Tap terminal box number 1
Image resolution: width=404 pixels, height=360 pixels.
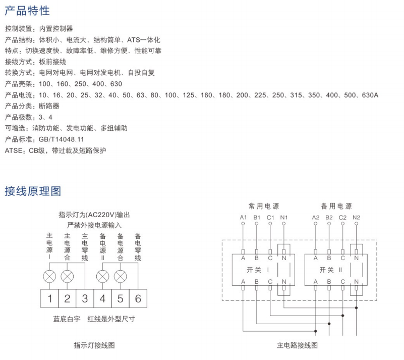click(x=50, y=298)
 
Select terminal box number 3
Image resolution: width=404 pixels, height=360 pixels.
click(x=85, y=298)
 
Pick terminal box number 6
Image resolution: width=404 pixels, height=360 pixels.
click(x=138, y=298)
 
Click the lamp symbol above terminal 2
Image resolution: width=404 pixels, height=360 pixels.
click(x=67, y=276)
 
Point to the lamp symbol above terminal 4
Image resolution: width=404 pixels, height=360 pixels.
click(x=102, y=276)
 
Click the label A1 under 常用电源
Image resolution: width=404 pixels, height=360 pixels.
click(x=243, y=218)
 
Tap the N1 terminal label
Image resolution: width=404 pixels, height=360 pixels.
click(x=284, y=218)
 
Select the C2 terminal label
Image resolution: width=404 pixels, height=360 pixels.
click(x=342, y=218)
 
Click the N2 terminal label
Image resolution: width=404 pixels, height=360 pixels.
click(x=357, y=218)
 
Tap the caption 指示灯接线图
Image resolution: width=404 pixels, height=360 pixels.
click(x=94, y=345)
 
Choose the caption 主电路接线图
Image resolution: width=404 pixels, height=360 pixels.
click(x=298, y=345)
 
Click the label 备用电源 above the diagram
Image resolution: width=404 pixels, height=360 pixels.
click(x=336, y=206)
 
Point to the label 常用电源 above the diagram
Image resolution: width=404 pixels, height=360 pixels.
click(x=263, y=206)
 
